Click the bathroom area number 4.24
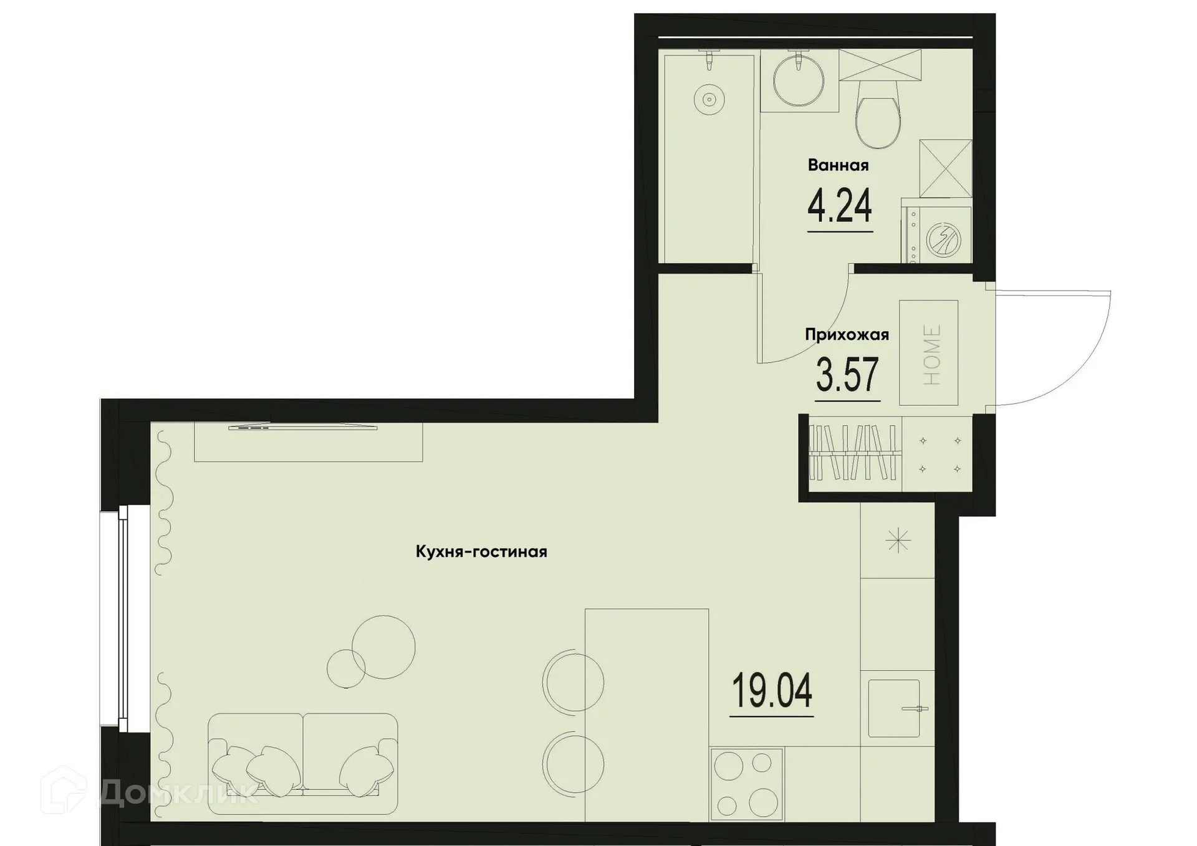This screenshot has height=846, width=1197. tap(839, 206)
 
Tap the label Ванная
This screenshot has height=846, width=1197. tap(838, 165)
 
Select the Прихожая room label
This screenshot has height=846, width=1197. tap(847, 335)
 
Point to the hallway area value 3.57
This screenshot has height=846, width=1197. tap(847, 375)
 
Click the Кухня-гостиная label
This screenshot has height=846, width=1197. tap(481, 552)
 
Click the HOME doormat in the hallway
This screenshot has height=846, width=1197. tap(928, 353)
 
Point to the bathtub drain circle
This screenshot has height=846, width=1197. tap(709, 100)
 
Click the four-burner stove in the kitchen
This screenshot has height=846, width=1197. tap(746, 784)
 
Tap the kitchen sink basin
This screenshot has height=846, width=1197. tap(894, 708)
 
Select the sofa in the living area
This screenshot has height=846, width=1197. tap(303, 763)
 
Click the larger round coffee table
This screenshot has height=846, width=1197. tap(383, 647)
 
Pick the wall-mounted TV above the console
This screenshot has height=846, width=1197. tap(303, 428)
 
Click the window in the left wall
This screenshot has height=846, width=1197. tap(123, 618)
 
